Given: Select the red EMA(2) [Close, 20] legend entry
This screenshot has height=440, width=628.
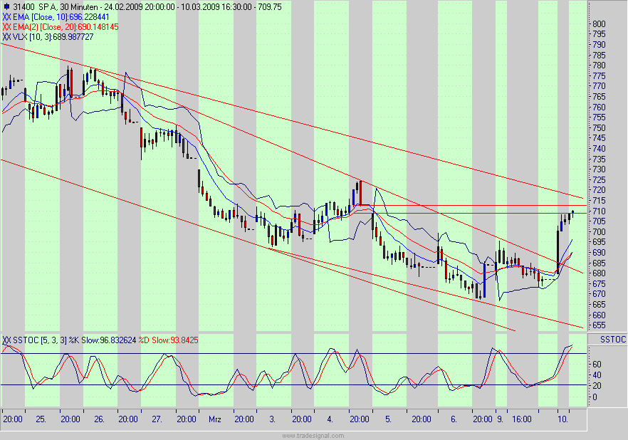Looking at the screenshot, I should pos(61,26).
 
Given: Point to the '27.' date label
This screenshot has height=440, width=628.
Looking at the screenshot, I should pos(157,420).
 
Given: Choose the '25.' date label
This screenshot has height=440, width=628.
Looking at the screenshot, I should pos(41,420).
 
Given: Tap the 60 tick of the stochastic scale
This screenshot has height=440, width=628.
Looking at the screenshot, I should pos(597,364).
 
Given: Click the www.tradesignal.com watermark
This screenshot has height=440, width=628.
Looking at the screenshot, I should pos(313,435).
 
